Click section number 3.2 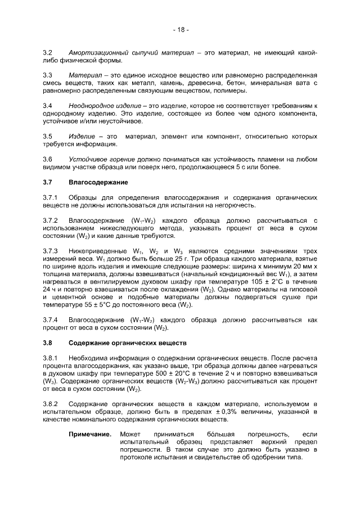point(47,52)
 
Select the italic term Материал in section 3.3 point(85,75)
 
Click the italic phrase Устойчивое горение point(100,159)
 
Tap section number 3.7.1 point(50,198)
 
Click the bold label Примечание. point(90,434)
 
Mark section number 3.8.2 point(50,404)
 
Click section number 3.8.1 point(50,358)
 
